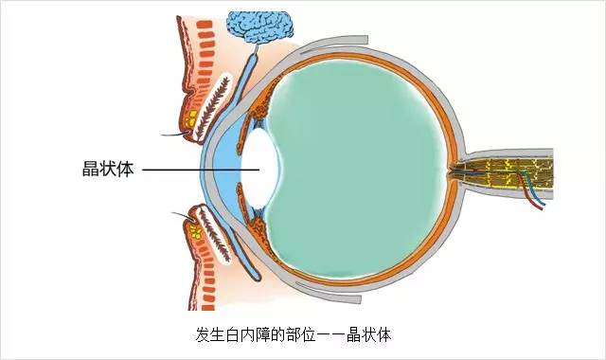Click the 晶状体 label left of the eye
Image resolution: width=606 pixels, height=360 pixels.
108,171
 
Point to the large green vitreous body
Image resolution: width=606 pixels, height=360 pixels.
369,166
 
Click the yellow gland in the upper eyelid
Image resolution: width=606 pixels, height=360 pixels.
195,118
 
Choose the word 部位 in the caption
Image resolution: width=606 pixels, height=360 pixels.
302,334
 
